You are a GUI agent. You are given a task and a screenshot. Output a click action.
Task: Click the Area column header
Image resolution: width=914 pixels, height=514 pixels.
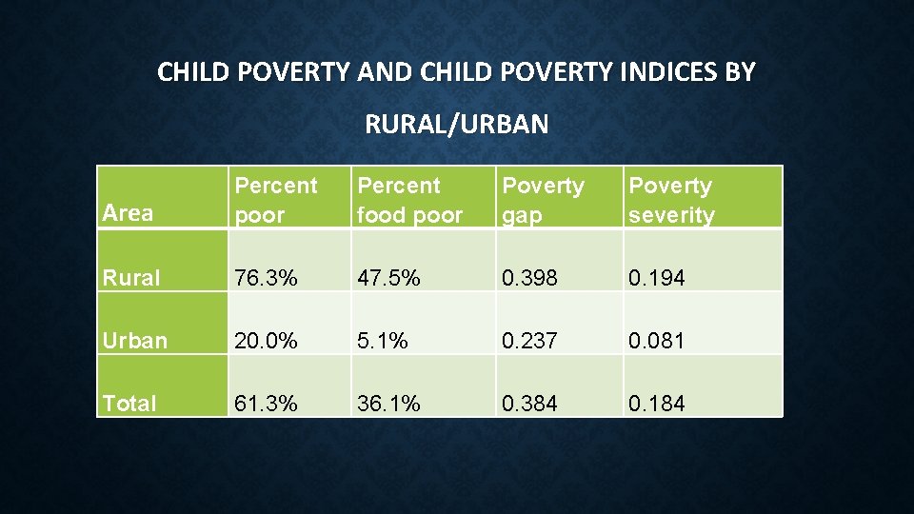pos(128,212)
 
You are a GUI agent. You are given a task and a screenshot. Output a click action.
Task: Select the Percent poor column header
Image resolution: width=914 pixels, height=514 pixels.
pos(276,200)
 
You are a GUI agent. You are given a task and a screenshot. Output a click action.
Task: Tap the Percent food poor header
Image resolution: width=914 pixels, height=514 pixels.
pos(409,200)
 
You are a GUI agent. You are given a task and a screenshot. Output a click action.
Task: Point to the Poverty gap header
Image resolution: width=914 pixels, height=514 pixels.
pos(543,200)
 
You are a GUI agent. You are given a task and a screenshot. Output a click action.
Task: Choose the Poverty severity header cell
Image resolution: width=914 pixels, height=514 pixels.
pos(671,200)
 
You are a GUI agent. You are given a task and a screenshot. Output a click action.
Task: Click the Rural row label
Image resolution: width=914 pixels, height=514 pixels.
pos(131,278)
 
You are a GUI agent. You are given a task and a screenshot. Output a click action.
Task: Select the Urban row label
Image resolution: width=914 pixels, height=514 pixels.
pos(134,341)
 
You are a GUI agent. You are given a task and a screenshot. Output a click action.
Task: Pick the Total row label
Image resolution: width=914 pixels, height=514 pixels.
pos(129,404)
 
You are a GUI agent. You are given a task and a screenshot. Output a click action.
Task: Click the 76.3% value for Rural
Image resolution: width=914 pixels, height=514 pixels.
pos(267,278)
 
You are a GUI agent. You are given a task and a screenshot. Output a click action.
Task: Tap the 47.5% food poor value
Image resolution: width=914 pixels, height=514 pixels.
pos(388,278)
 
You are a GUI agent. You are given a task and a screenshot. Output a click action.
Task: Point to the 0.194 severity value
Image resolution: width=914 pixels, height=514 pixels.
pos(656,278)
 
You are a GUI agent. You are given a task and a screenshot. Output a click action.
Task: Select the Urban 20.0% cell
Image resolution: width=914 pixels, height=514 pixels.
pos(267,341)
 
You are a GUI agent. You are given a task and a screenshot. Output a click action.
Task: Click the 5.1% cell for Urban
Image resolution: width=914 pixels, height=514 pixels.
pos(383,341)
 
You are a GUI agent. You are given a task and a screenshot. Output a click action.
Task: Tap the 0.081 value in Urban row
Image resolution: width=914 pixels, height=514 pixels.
pos(656,341)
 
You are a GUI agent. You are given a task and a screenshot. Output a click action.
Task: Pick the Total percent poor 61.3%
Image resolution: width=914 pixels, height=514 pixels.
pos(267,404)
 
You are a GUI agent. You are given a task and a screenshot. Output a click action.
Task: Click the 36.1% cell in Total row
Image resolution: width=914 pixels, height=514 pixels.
pos(388,404)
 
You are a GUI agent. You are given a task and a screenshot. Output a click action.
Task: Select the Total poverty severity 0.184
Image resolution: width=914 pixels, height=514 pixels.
pos(656,404)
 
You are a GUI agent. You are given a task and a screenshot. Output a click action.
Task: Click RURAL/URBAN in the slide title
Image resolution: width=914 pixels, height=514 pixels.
pos(456,124)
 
